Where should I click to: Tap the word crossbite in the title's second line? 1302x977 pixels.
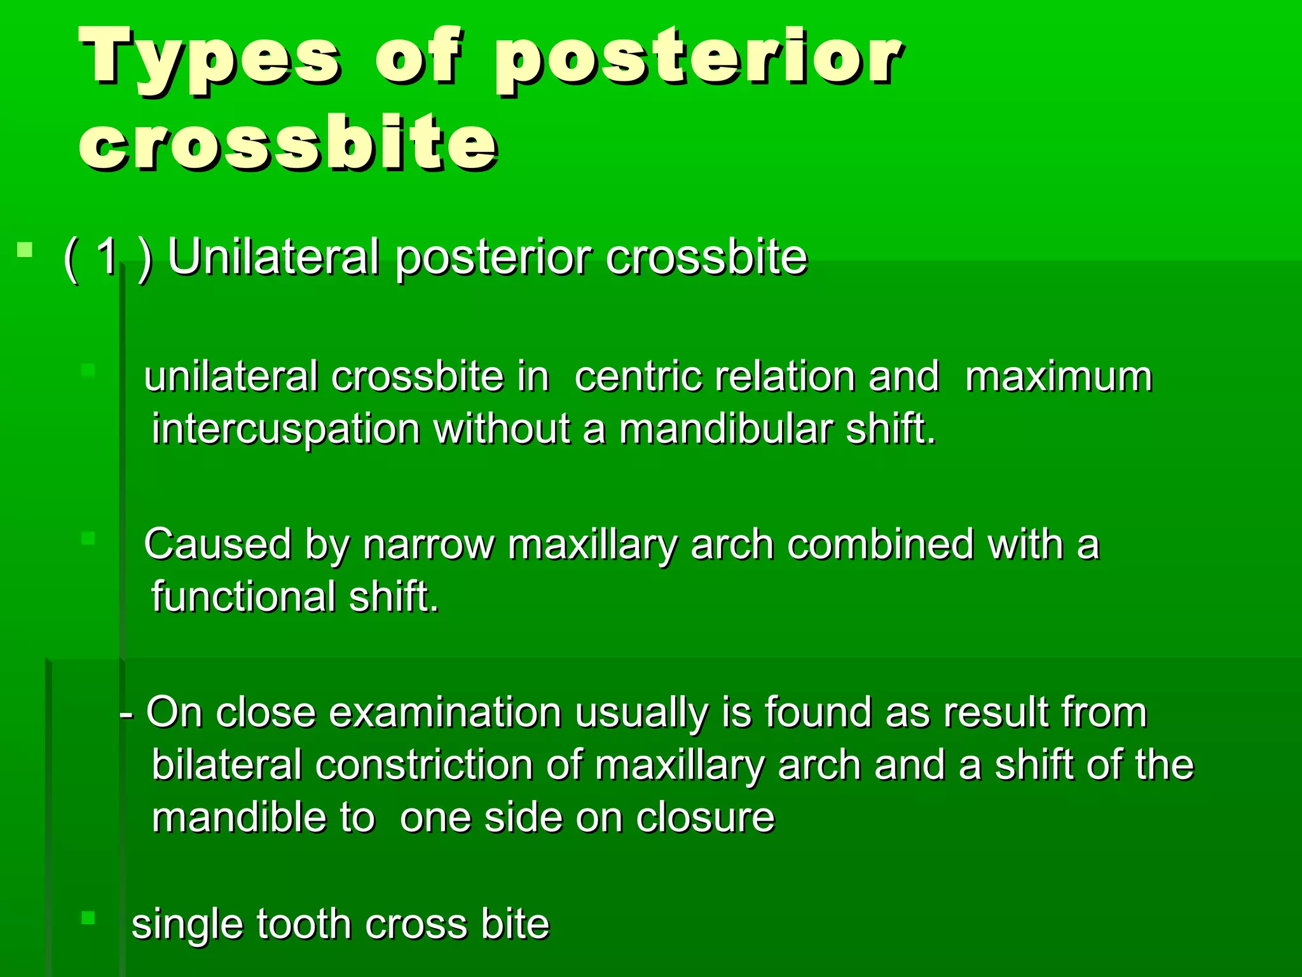pyautogui.click(x=287, y=143)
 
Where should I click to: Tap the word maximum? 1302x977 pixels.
pyautogui.click(x=1058, y=377)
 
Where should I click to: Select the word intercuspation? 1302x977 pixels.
pyautogui.click(x=285, y=429)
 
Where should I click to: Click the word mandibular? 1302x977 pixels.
pyautogui.click(x=725, y=429)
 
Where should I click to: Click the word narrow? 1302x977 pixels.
pyautogui.click(x=428, y=545)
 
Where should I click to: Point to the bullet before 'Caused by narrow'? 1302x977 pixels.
pyautogui.click(x=88, y=539)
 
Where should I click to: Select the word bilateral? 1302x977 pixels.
pyautogui.click(x=226, y=765)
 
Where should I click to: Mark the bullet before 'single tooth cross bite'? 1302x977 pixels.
pyautogui.click(x=88, y=918)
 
